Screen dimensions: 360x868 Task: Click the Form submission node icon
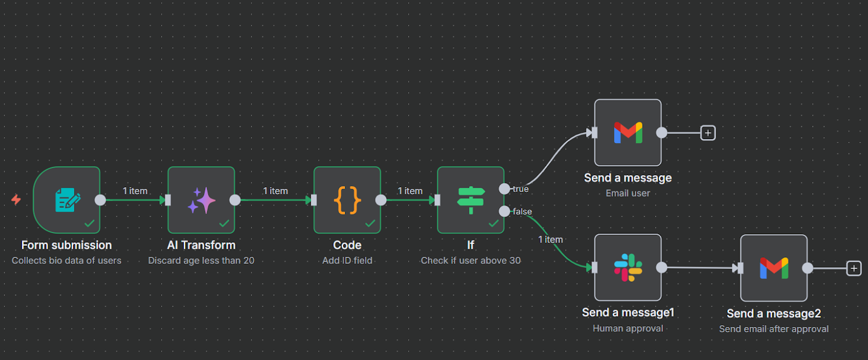coord(67,200)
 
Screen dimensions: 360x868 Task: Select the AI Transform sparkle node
coord(201,200)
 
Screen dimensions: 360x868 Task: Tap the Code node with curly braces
coord(347,200)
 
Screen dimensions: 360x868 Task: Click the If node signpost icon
coord(471,200)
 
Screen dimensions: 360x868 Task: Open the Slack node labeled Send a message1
coord(628,267)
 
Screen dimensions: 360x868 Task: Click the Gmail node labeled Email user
coord(628,133)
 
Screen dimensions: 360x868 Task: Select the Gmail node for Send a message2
coord(774,268)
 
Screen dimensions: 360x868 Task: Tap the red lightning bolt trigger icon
coord(16,199)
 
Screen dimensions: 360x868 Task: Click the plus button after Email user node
coord(707,133)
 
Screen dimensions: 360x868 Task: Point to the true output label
coord(521,189)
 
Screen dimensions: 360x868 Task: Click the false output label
coord(522,212)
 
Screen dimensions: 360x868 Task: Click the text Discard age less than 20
coord(201,260)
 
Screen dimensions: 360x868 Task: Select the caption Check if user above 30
coord(471,260)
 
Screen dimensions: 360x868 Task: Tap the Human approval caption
coord(628,328)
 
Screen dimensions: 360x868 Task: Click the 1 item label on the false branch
coord(551,239)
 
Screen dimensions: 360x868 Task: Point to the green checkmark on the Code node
coord(370,223)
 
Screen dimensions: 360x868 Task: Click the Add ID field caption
coord(347,260)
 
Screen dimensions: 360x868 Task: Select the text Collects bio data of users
coord(67,260)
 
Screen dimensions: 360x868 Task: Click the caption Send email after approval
coord(774,329)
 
